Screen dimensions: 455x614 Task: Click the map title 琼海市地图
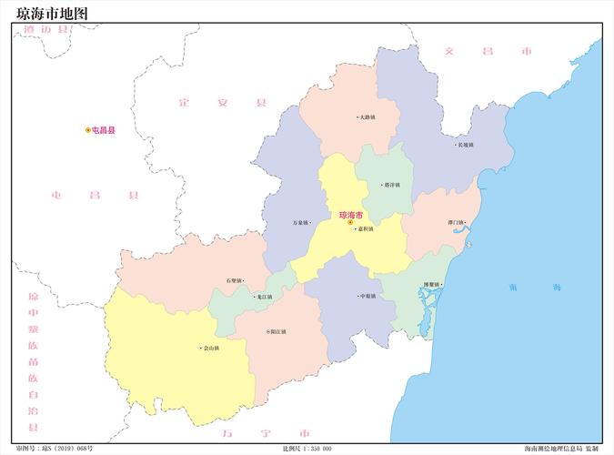click(54, 12)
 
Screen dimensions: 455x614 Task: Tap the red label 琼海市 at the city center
click(350, 216)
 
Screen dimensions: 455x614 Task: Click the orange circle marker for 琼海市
click(350, 223)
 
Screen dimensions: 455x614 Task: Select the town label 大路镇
click(367, 117)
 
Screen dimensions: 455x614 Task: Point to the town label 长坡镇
click(465, 145)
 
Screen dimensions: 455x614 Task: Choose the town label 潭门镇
click(456, 223)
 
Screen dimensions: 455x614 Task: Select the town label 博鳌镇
click(432, 286)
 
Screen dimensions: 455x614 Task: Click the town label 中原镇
click(367, 296)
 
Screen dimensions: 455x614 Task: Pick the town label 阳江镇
click(277, 332)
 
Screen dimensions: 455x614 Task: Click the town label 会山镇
click(210, 349)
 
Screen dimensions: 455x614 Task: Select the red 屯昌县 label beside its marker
click(104, 131)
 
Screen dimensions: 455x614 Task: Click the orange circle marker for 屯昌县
click(88, 131)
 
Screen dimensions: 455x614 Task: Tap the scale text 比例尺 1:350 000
click(307, 449)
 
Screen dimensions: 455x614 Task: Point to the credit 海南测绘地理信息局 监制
click(560, 449)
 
